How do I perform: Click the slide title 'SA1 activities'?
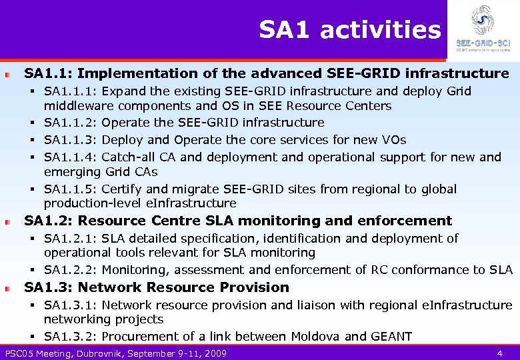tap(350, 30)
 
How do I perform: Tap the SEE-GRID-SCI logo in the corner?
tap(483, 29)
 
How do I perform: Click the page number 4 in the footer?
tap(499, 353)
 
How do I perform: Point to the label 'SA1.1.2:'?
tap(71, 123)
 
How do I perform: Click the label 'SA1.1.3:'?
tap(71, 140)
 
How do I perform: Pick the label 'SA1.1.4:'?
tap(71, 157)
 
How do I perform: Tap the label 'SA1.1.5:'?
tap(71, 189)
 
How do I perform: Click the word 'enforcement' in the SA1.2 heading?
tap(407, 221)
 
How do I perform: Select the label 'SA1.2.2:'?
tap(71, 270)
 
